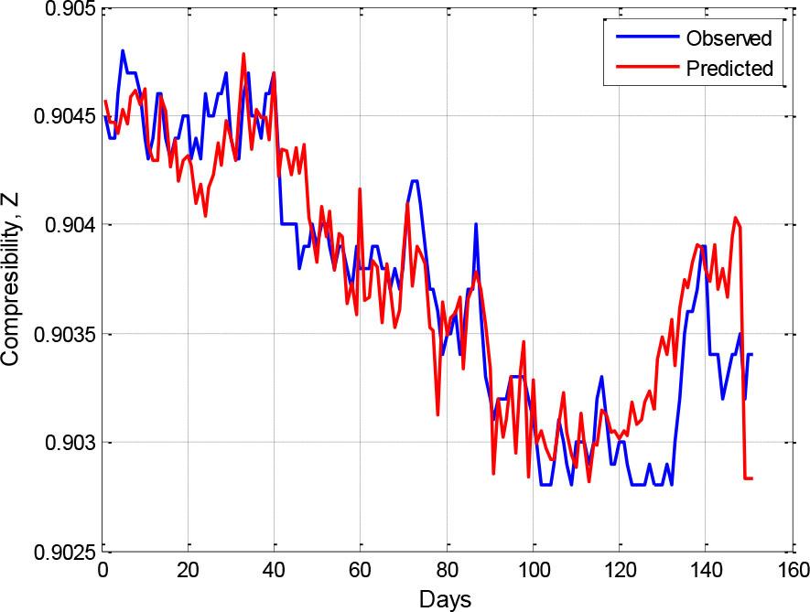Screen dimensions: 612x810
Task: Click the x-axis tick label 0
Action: (103, 572)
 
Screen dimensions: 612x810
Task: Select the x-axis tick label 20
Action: (188, 572)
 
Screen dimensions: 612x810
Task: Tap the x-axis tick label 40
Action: (274, 572)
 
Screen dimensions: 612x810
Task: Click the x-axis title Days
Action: (446, 599)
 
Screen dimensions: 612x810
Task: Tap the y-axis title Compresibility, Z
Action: (11, 281)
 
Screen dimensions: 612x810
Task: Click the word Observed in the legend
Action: (729, 38)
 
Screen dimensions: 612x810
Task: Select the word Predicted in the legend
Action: (729, 68)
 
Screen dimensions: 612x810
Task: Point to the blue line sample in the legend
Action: (646, 38)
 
